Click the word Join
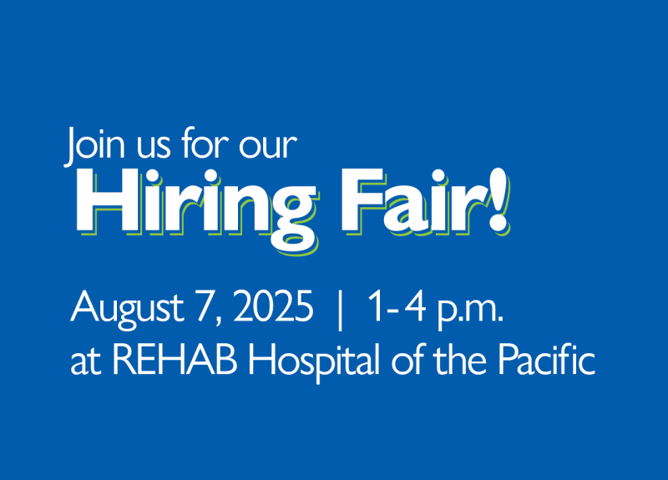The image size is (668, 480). [x=94, y=144]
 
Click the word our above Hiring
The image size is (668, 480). [x=267, y=148]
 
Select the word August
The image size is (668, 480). [x=127, y=308]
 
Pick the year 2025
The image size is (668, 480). [x=273, y=306]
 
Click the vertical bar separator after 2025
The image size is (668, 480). [x=340, y=311]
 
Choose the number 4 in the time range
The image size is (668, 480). [x=414, y=306]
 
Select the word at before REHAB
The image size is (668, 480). [x=86, y=363]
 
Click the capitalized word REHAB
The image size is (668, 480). [x=175, y=360]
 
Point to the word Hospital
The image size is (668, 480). [x=314, y=362]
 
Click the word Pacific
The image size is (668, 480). [x=546, y=359]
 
